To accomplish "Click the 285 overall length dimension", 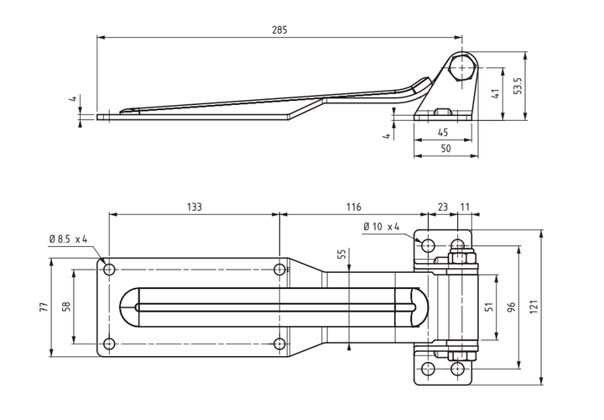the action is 279,29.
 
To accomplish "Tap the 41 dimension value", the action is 496,93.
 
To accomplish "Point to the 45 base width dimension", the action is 443,132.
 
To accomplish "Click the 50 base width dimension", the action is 445,149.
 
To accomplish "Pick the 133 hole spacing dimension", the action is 194,207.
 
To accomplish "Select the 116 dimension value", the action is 353,207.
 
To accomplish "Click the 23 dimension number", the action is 443,207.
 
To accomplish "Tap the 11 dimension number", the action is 465,207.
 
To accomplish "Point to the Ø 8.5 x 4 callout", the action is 68,239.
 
